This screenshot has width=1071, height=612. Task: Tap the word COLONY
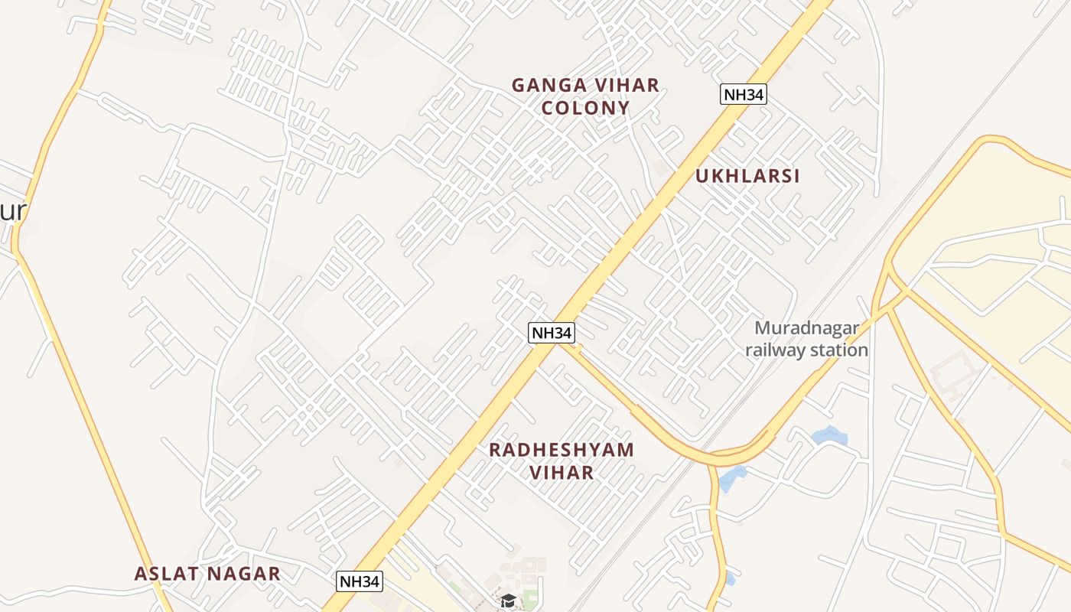(585, 108)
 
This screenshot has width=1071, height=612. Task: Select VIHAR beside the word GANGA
(624, 85)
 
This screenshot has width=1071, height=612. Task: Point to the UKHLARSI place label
(747, 176)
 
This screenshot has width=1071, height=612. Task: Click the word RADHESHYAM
(562, 450)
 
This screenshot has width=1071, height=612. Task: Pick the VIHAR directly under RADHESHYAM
(562, 473)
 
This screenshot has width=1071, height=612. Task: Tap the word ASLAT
(167, 574)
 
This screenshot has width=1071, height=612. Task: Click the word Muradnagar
(806, 328)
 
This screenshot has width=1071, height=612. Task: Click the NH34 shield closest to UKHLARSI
(743, 95)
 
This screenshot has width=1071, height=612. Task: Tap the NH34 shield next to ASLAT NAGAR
(359, 581)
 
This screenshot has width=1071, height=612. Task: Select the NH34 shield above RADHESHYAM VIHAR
(551, 333)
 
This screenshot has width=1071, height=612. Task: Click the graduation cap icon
(508, 601)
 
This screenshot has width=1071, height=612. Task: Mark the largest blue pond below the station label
(829, 436)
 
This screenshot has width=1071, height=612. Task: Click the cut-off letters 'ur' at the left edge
(14, 210)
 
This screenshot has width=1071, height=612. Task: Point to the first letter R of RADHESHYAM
(496, 450)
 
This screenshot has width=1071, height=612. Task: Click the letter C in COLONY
(548, 108)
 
